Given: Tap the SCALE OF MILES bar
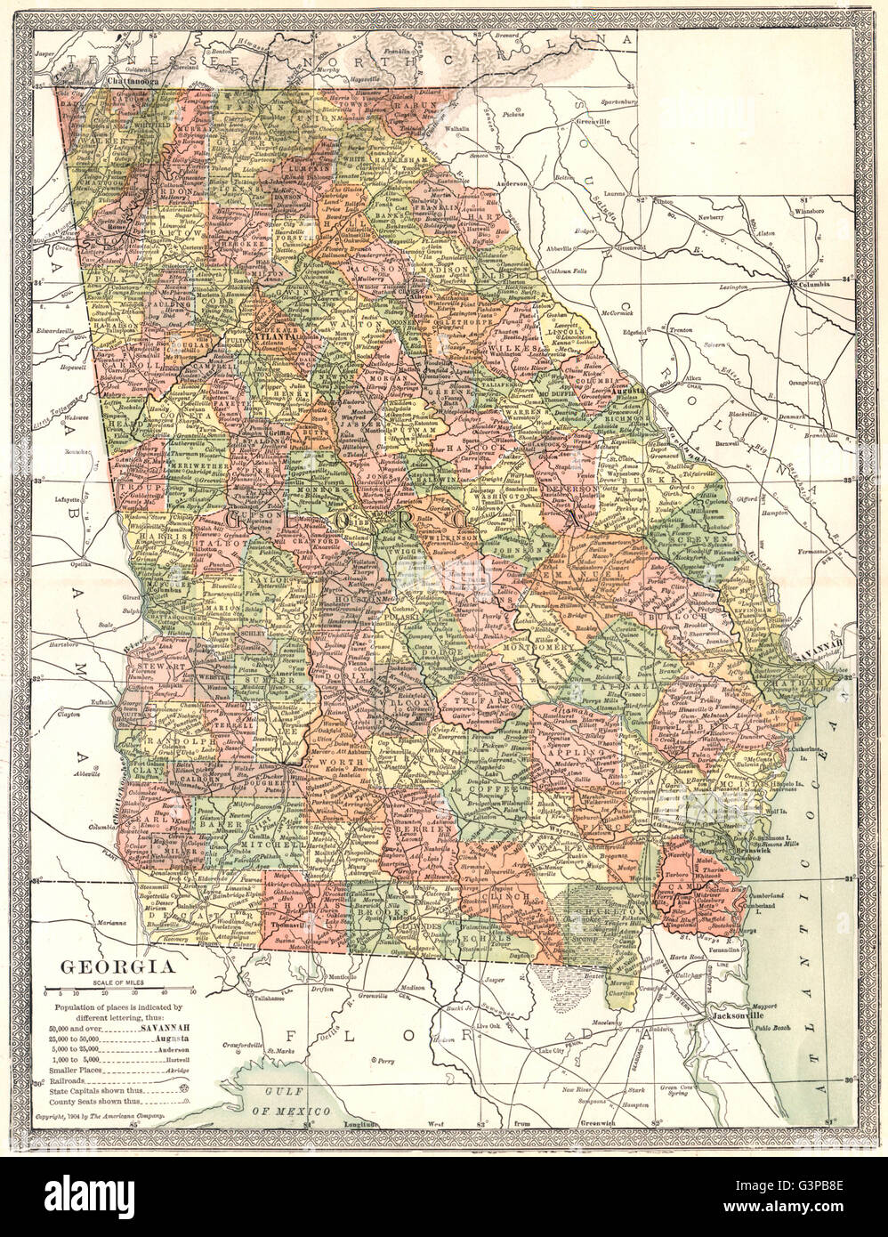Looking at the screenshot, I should pos(119,990).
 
